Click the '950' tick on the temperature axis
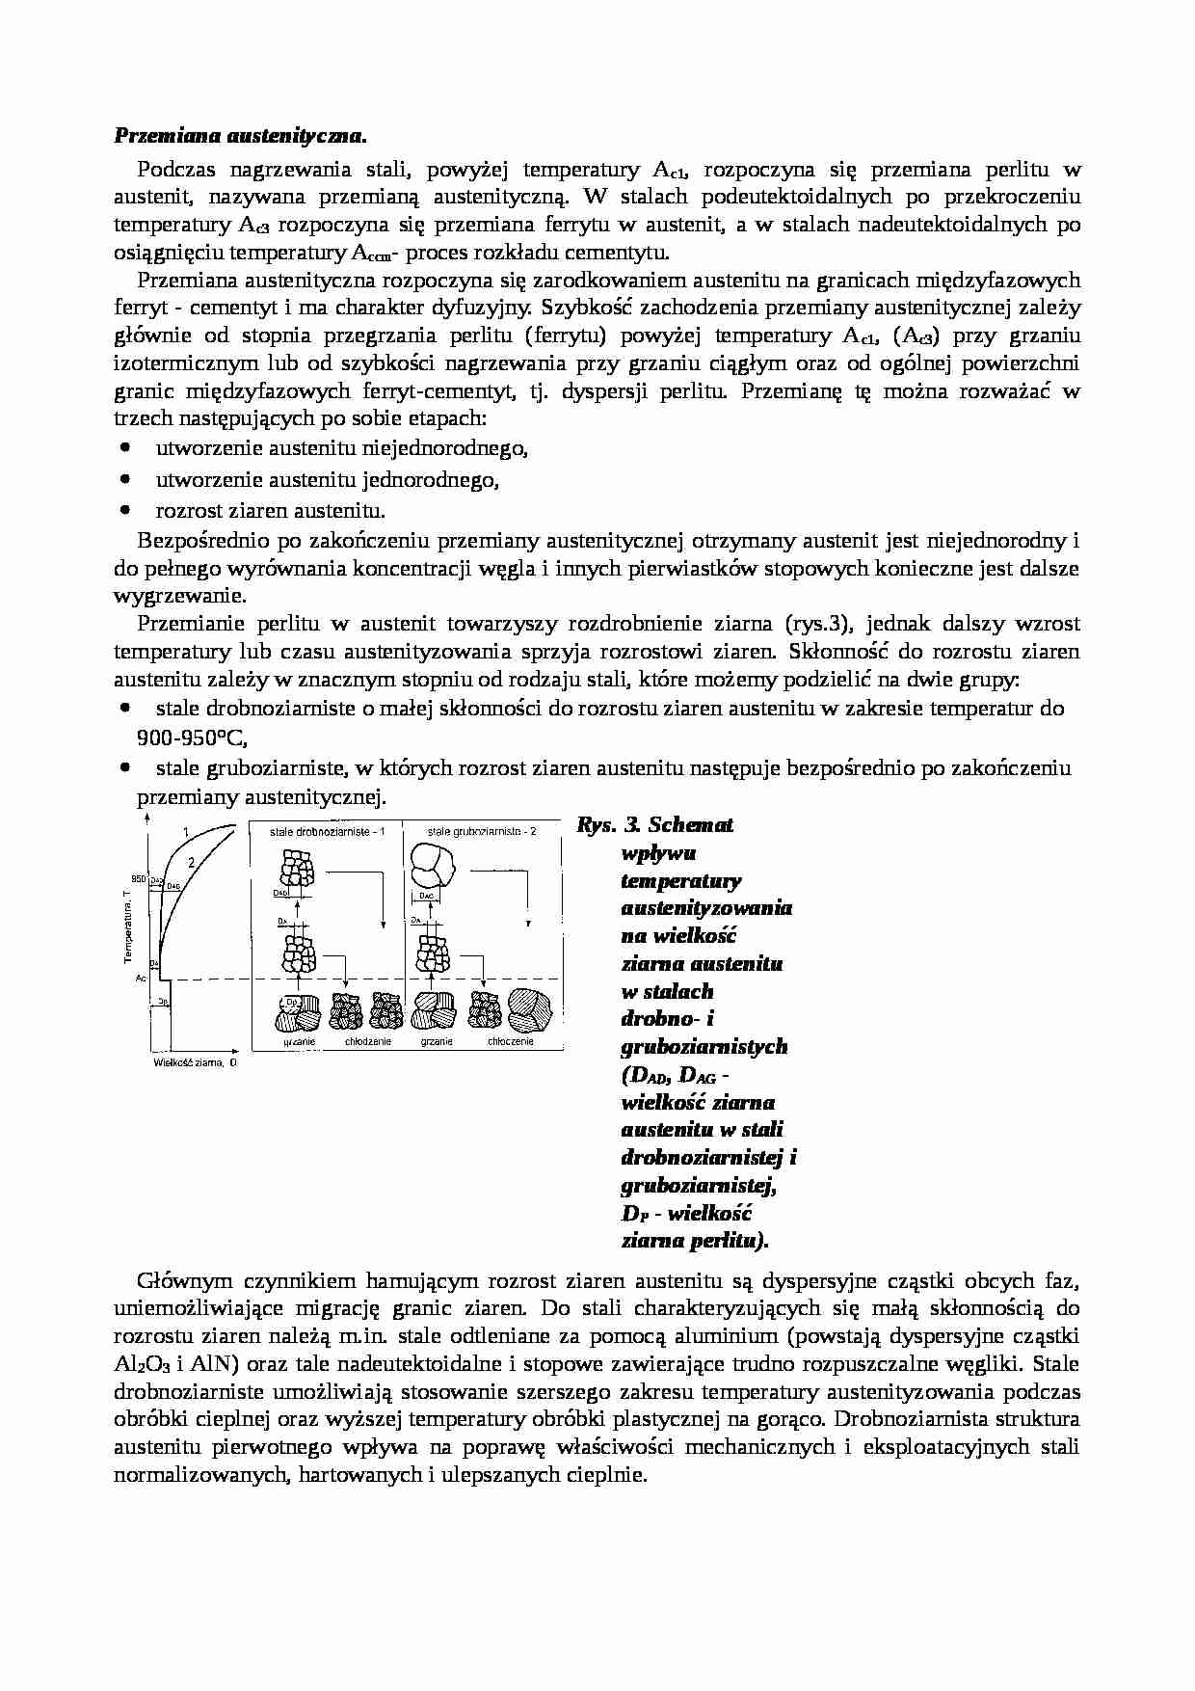coord(138,878)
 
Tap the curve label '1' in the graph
coord(185,830)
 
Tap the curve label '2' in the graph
coord(191,862)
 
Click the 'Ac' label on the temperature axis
coord(141,978)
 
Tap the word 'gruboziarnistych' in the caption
coord(704,1047)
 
